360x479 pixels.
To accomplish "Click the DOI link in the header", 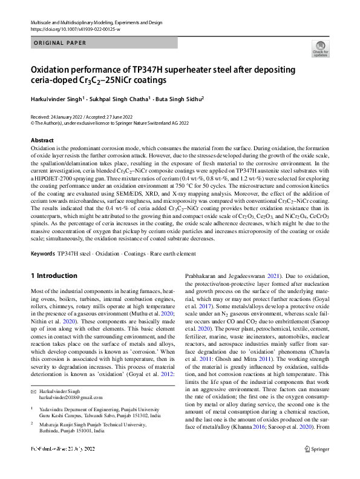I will point(71,29).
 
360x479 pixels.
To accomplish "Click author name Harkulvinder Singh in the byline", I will point(58,97).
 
